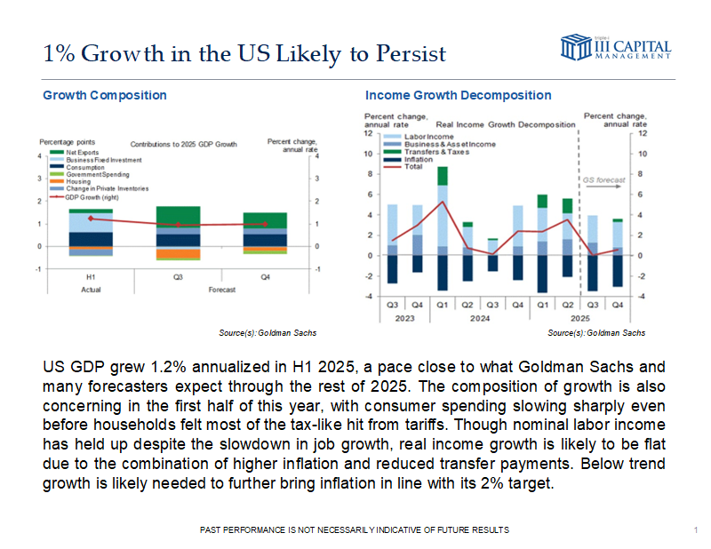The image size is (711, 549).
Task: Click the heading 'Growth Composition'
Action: (105, 95)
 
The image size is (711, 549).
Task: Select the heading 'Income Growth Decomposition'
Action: (458, 95)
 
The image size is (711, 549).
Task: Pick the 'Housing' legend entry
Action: (80, 181)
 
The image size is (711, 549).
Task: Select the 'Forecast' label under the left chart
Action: (221, 290)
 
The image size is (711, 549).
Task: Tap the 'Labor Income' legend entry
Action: (430, 135)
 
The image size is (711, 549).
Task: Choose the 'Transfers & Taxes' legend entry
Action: (436, 151)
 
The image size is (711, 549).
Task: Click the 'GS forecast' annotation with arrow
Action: (603, 180)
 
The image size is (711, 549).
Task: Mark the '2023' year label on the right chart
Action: (405, 316)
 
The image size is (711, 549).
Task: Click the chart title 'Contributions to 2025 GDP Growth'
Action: (185, 143)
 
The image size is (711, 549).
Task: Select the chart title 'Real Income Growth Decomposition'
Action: (505, 125)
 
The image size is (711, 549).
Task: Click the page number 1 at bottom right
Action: (693, 530)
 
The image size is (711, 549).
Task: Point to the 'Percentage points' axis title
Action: (68, 142)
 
